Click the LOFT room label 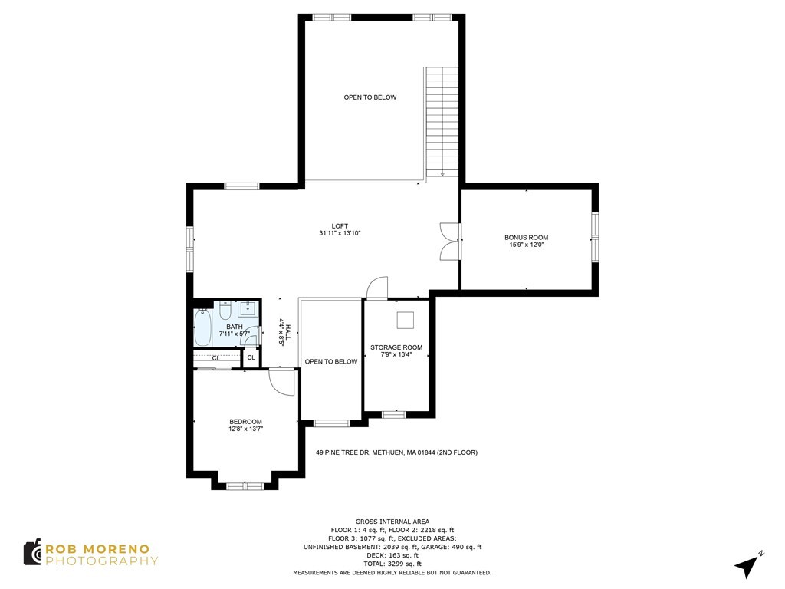pos(340,226)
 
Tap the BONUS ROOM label pos(526,238)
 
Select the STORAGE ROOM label pos(396,347)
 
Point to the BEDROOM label pos(245,422)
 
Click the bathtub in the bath pos(202,327)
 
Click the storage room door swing pos(377,288)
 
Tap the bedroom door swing pos(281,382)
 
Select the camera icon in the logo pos(32,552)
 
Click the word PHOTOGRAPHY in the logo pos(101,561)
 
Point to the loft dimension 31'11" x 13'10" pos(340,233)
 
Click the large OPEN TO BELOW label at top pos(370,97)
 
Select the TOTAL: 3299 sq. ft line pos(392,564)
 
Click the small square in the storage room pos(404,320)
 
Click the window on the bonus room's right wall pos(594,238)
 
